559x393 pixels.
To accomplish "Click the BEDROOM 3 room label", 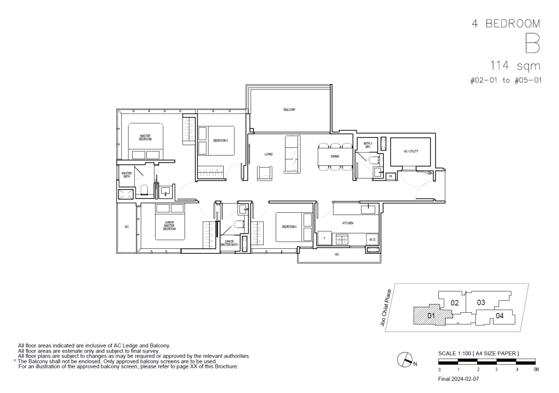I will (x=220, y=141).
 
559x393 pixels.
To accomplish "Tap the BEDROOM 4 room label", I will (x=289, y=227).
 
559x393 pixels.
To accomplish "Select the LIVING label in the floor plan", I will (x=268, y=154).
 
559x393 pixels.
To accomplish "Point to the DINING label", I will (x=335, y=156).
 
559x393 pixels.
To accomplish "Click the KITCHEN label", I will (x=348, y=223).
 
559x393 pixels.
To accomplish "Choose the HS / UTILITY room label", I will (x=411, y=151).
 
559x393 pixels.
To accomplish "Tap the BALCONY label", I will (x=289, y=110).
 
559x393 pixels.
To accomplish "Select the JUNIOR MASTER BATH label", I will (x=228, y=243).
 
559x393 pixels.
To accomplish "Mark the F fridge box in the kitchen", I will (x=325, y=237).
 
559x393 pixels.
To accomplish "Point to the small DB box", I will (x=390, y=176).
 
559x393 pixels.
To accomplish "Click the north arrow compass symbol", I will (x=405, y=359).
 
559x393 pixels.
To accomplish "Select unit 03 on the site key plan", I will (x=481, y=302).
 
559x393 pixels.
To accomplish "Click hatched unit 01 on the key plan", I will (x=430, y=315).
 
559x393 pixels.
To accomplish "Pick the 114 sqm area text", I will (x=515, y=66).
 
